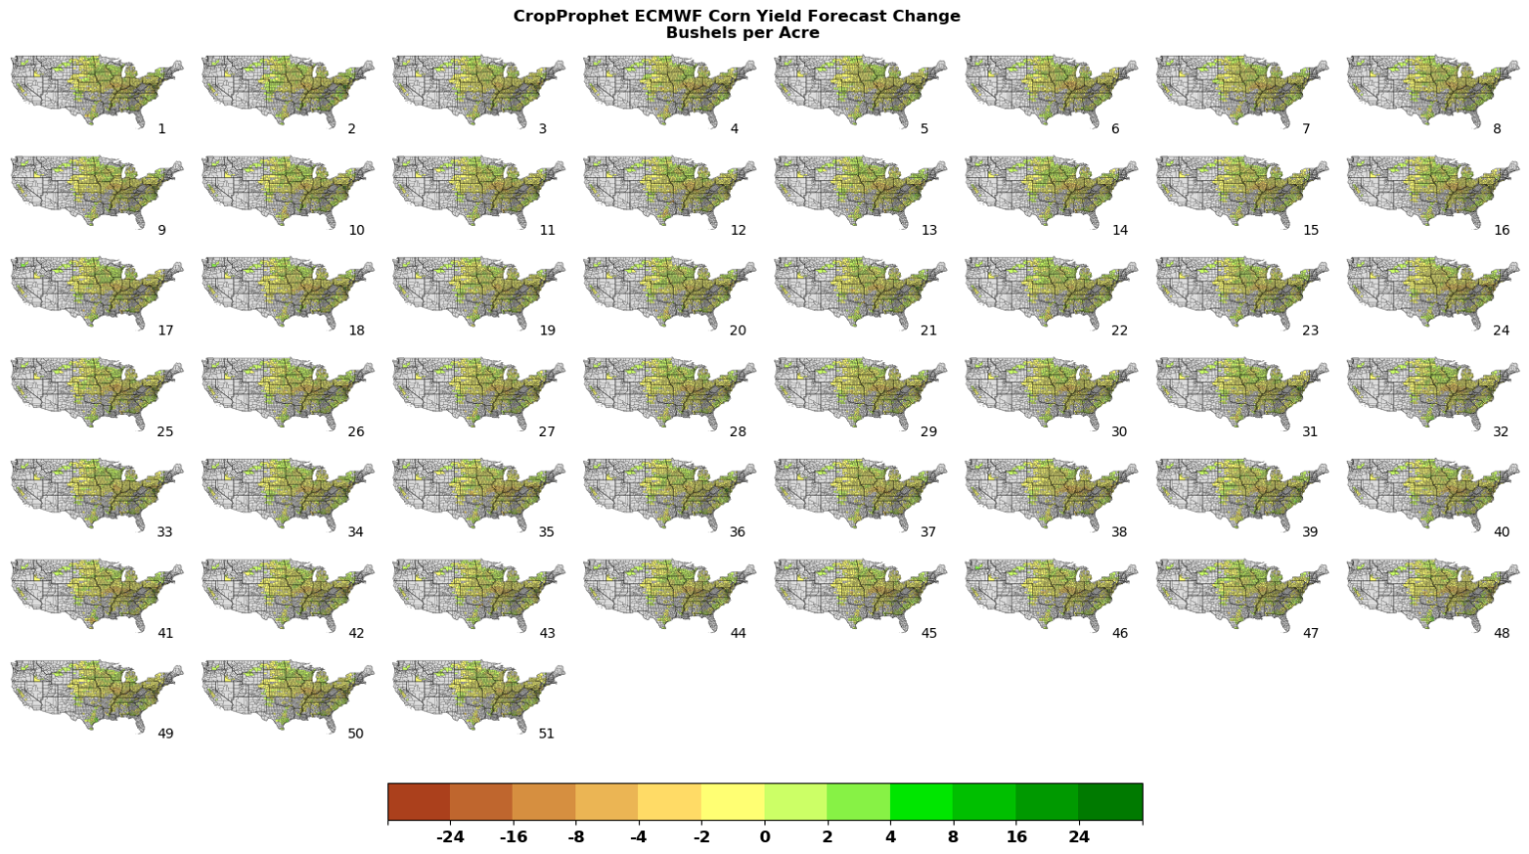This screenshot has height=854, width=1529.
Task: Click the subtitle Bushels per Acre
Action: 743,33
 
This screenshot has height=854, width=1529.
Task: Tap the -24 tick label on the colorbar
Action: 450,837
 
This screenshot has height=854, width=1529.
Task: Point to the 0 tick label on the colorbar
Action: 764,837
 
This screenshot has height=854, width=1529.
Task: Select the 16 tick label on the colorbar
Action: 1016,837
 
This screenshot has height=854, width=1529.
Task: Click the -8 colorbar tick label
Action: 575,837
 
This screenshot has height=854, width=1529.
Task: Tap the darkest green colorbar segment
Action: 1110,801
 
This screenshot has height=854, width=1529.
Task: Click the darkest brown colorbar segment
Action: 419,801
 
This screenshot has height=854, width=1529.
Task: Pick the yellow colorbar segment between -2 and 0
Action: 733,801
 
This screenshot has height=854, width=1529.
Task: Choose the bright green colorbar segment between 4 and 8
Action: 921,801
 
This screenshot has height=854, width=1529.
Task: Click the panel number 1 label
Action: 162,129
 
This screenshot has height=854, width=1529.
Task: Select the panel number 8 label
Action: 1497,129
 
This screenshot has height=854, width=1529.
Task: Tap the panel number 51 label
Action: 546,734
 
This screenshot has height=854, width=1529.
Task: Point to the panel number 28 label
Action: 738,432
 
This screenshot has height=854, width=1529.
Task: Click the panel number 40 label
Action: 1501,533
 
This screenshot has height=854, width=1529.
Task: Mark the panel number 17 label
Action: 165,330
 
